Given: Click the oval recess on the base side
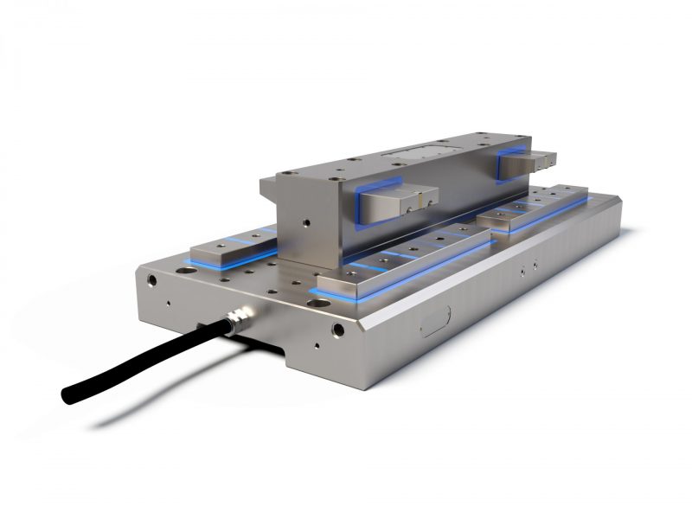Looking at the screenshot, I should pyautogui.click(x=432, y=324).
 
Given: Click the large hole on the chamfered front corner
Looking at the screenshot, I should pyautogui.click(x=338, y=330).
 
